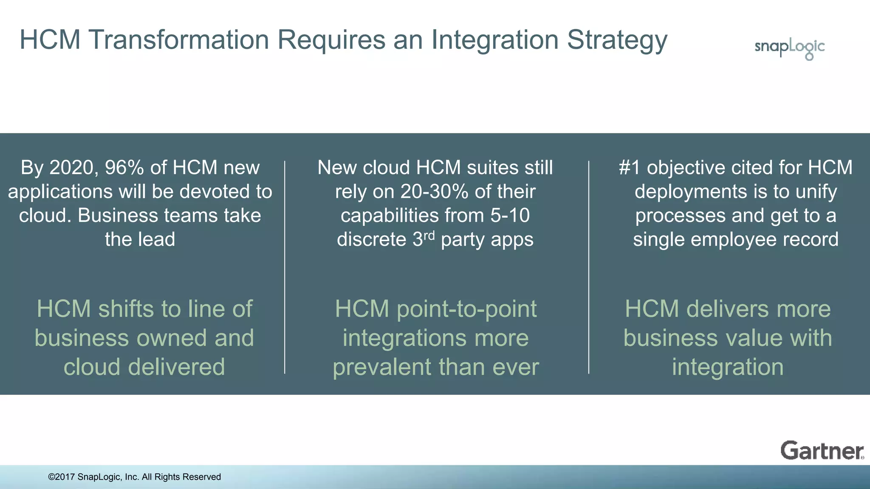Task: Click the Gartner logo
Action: [822, 450]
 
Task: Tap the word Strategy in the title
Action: [617, 40]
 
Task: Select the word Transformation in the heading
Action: [179, 40]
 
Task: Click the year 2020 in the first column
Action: [71, 168]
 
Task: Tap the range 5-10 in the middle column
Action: [510, 216]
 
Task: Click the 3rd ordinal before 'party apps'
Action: [424, 239]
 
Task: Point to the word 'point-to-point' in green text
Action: [466, 309]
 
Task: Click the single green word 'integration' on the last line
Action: [727, 367]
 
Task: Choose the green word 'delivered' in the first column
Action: [176, 367]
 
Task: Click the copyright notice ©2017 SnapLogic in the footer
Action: [134, 477]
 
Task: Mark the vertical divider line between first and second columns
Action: [285, 267]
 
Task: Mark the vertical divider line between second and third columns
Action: [589, 267]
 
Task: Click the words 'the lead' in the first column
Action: [140, 239]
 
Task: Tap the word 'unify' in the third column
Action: [816, 192]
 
